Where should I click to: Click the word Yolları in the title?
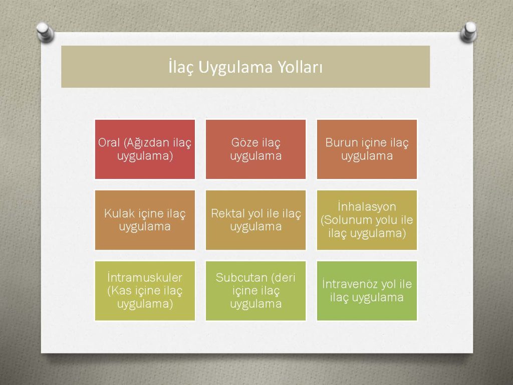click(x=300, y=67)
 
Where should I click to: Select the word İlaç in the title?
click(x=181, y=67)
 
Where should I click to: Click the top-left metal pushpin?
click(x=45, y=32)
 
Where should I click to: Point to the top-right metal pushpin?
click(x=468, y=32)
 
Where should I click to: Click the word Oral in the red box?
click(x=109, y=143)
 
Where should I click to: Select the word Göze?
click(x=242, y=142)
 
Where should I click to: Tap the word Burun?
click(x=341, y=142)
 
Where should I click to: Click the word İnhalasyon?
click(x=367, y=207)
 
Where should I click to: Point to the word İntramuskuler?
click(x=145, y=277)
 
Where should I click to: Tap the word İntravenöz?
click(x=349, y=284)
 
